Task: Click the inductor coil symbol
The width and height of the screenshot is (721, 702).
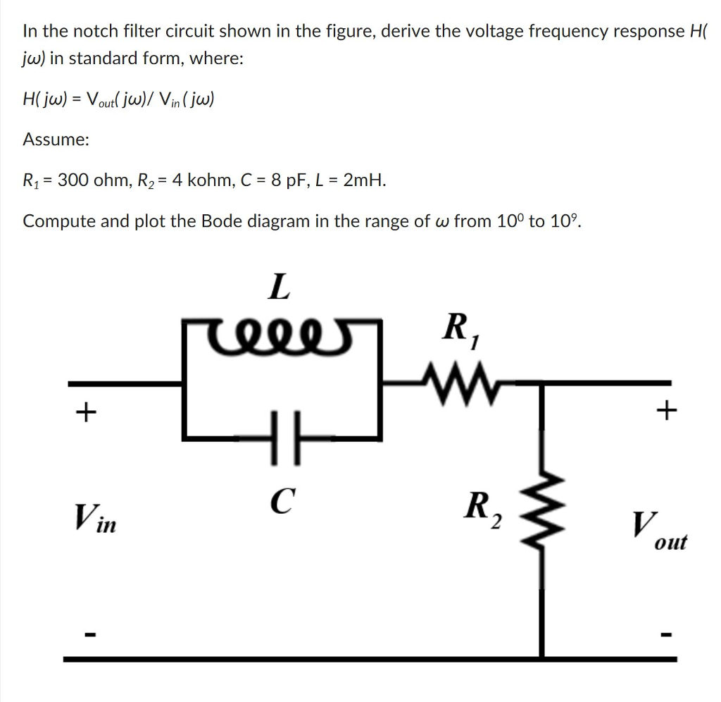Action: [281, 328]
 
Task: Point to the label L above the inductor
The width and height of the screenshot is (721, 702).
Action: [280, 287]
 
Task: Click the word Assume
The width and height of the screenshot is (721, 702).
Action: [56, 140]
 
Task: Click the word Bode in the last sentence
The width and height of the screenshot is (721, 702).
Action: [221, 221]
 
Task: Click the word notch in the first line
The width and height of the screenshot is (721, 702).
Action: [96, 31]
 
